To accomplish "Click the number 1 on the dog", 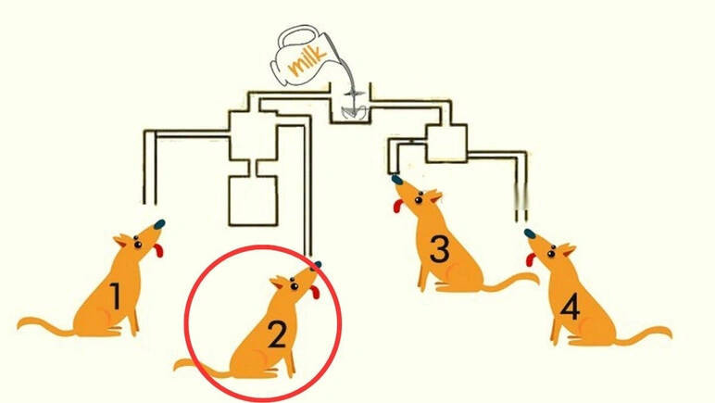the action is (x=116, y=296).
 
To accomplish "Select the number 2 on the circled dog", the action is (x=276, y=334).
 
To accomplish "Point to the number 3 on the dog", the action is (x=440, y=249).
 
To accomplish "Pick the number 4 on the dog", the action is (x=570, y=307).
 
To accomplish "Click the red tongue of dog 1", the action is (x=158, y=250).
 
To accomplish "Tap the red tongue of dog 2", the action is (x=315, y=292).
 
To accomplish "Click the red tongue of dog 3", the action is (x=399, y=206).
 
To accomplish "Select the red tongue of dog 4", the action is (x=531, y=259).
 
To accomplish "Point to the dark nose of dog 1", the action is (x=159, y=224).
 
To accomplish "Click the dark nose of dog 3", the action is (x=397, y=180).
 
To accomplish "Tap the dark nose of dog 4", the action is (x=530, y=233).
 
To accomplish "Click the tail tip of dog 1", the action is (x=19, y=324).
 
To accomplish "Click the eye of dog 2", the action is (x=295, y=286).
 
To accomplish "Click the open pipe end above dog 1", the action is (x=150, y=203).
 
